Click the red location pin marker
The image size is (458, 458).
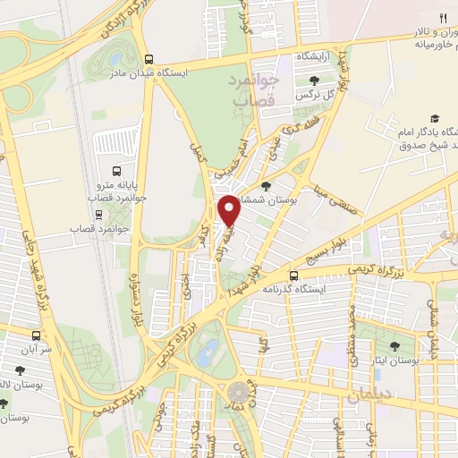pos(229,211)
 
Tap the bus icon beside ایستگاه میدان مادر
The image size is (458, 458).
pos(148,59)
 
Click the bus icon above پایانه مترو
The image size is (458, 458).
pos(117,170)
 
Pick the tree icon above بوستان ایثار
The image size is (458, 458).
pos(394,343)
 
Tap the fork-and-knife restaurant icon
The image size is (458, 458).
pos(442,18)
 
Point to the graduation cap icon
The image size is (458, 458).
pos(435,119)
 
